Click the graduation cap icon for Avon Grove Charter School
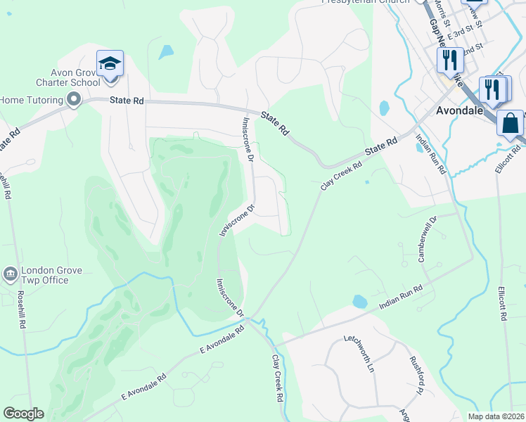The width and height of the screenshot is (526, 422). click(x=110, y=64)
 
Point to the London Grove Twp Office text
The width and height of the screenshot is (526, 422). click(x=53, y=275)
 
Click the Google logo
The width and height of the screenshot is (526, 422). click(x=23, y=414)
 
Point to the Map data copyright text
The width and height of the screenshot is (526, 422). click(x=494, y=416)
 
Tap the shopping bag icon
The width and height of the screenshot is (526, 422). click(x=510, y=123)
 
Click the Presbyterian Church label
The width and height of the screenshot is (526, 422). click(x=365, y=2)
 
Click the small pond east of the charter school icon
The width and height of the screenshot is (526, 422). click(x=166, y=52)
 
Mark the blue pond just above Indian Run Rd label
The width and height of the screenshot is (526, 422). click(x=359, y=302)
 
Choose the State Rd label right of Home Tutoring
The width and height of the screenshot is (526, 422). click(x=127, y=101)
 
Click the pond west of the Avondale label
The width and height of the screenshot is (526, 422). click(x=384, y=108)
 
